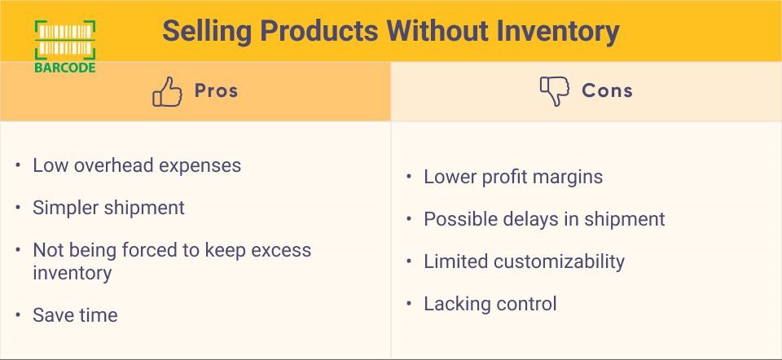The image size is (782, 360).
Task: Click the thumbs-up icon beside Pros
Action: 167,91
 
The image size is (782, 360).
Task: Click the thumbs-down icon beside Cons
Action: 555,90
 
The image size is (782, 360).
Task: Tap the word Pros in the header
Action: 216,90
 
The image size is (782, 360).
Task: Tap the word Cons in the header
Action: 607,90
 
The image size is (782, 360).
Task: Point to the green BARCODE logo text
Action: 65,68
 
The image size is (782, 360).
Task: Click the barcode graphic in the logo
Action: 65,39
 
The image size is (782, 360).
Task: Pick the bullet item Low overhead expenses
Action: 137,165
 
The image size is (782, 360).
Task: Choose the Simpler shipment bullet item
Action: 108,208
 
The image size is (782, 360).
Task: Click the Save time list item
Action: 75,315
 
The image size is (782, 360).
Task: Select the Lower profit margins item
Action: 513,177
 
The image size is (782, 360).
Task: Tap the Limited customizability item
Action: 524,261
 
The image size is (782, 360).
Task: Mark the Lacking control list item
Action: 490,304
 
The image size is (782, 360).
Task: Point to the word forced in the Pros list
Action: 152,250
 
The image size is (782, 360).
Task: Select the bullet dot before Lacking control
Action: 410,304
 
